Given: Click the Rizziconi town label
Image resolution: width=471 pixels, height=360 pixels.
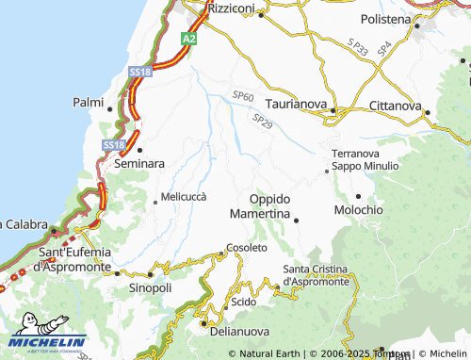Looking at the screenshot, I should tap(231, 8).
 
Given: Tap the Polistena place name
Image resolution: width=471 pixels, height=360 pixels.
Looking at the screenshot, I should tap(386, 19).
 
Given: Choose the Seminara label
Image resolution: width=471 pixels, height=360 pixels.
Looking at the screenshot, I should tap(139, 163).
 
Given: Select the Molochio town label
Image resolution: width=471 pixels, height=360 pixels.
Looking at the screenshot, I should tap(359, 208).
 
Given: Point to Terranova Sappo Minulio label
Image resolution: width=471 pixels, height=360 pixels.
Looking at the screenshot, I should tap(365, 159).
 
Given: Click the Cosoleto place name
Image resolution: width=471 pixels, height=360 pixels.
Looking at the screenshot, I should tap(247, 247).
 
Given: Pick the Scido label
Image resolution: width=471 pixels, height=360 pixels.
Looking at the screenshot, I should tap(244, 303).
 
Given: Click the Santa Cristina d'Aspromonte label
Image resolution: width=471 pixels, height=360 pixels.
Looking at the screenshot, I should tap(317, 275).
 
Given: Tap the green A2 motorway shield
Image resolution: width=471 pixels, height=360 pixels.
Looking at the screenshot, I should tap(189, 39).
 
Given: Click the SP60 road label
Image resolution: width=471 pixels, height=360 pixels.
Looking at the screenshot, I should tap(243, 96).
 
